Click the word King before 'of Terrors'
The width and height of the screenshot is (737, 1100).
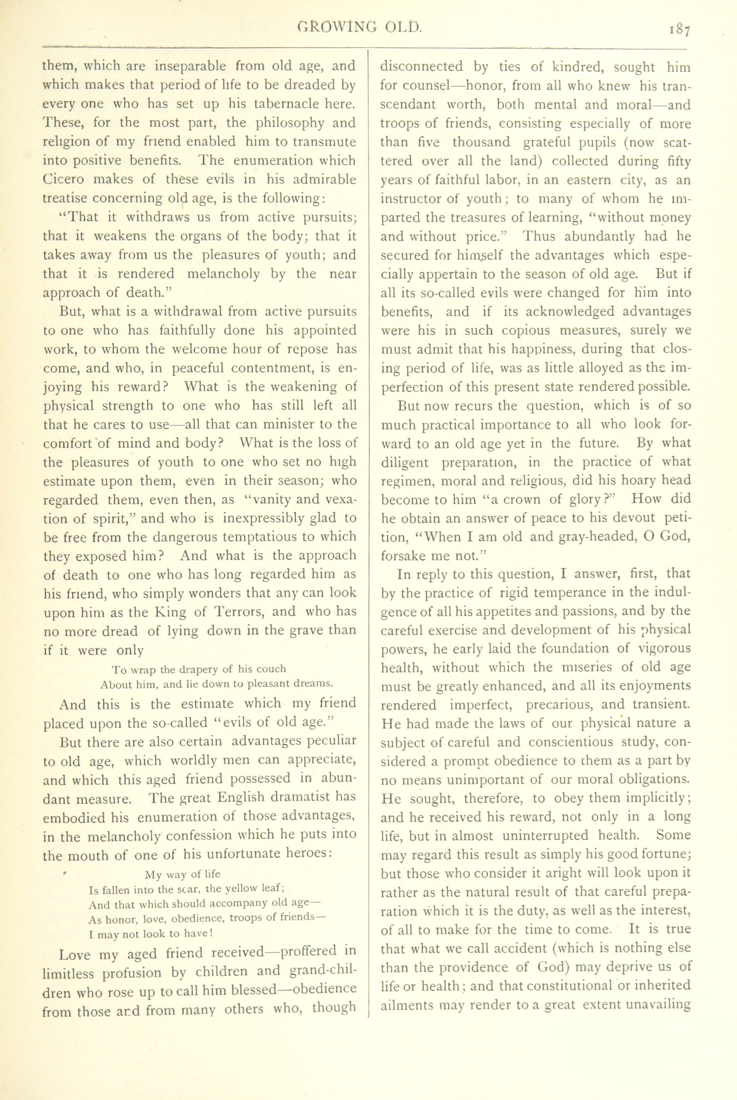pos(168,612)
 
